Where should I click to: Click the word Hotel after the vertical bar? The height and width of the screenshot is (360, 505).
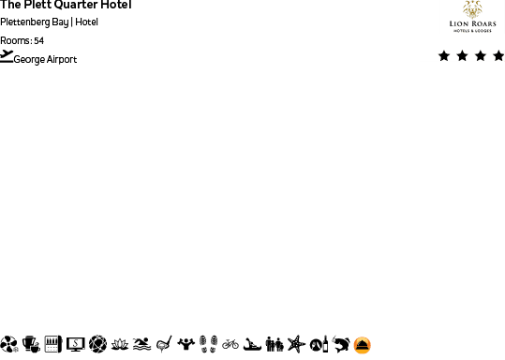click(87, 22)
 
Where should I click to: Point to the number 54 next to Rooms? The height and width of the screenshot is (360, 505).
click(38, 40)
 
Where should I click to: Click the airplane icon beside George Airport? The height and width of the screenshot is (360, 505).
click(7, 56)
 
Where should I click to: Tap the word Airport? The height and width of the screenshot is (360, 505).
click(62, 59)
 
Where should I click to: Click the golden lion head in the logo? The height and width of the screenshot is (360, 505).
click(472, 8)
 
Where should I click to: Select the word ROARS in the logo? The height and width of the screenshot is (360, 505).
click(485, 24)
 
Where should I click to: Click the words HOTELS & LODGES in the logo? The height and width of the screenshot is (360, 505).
click(472, 31)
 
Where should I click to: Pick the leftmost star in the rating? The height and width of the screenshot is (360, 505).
click(444, 56)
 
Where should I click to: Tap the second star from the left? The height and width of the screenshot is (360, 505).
click(462, 56)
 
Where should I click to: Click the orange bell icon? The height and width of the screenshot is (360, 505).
click(363, 345)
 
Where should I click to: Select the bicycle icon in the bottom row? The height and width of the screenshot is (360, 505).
click(230, 344)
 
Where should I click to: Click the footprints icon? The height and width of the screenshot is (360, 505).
click(208, 344)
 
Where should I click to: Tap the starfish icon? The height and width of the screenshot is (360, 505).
click(297, 344)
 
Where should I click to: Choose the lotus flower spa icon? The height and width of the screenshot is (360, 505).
click(120, 344)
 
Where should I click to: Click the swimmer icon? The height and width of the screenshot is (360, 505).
click(141, 344)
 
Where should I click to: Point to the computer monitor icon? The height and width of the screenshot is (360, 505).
click(76, 344)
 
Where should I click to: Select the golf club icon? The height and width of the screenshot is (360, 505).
click(164, 344)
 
